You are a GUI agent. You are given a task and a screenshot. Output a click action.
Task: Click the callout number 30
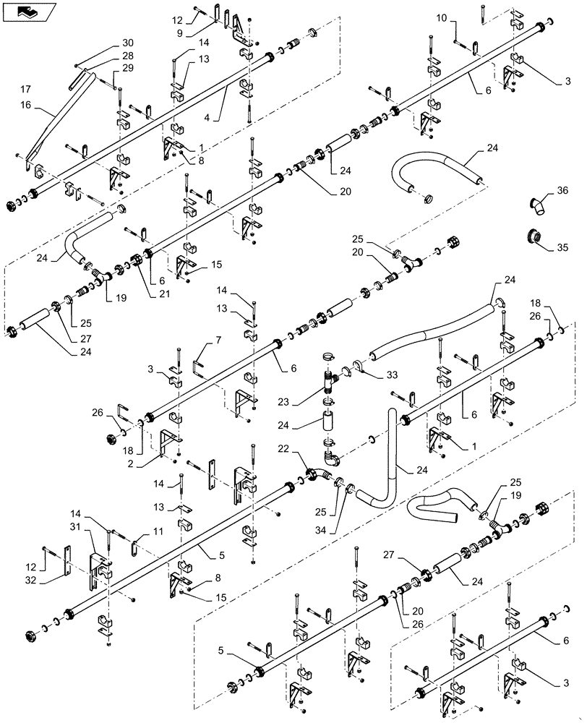pos(128,42)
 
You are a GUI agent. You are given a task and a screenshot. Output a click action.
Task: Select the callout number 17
pos(26,90)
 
